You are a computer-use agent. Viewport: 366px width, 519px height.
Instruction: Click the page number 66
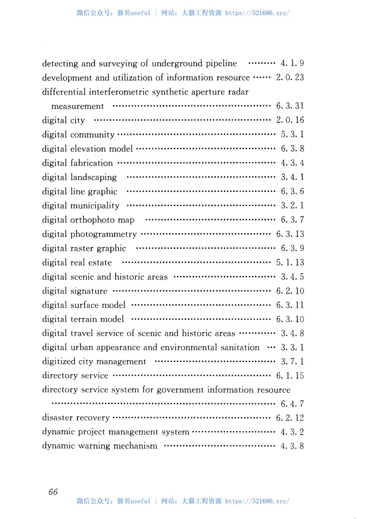click(53, 491)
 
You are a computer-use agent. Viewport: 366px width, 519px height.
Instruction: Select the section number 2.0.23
click(290, 77)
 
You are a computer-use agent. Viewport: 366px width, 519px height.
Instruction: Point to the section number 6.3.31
click(290, 106)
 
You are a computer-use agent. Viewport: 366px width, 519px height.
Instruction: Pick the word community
click(92, 135)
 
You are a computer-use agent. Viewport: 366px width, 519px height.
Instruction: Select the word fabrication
click(91, 163)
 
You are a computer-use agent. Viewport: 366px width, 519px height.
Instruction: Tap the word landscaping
click(93, 177)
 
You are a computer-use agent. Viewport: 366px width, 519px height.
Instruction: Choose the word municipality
click(95, 206)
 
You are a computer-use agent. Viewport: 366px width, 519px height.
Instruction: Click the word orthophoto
click(92, 220)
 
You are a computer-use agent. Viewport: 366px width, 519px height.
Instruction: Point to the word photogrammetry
click(103, 234)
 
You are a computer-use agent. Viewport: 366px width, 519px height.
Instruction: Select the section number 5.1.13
click(290, 263)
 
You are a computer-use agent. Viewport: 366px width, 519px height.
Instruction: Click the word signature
click(89, 291)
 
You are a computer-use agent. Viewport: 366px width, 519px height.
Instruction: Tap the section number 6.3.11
click(290, 305)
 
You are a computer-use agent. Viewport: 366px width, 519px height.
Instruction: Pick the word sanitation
click(237, 348)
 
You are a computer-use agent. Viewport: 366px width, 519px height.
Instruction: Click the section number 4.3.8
click(292, 446)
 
